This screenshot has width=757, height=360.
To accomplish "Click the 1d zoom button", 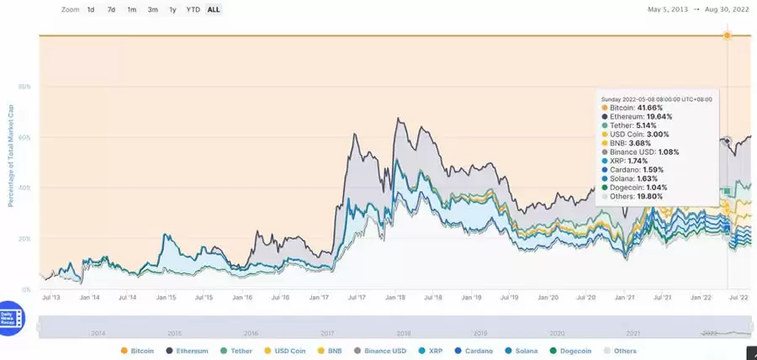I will (91, 10).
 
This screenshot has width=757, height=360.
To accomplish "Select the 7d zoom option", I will (111, 10).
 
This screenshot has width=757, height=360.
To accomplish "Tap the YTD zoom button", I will (193, 10).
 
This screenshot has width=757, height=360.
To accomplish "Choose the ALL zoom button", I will (214, 10).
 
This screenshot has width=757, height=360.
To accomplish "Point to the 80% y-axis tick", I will (25, 87).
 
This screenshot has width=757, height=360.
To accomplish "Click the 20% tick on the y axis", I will (25, 239).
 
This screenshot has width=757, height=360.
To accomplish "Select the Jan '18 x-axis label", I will (395, 297).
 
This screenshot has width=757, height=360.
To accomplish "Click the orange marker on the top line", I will (727, 35).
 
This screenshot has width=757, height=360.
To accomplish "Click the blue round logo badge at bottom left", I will (13, 315).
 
